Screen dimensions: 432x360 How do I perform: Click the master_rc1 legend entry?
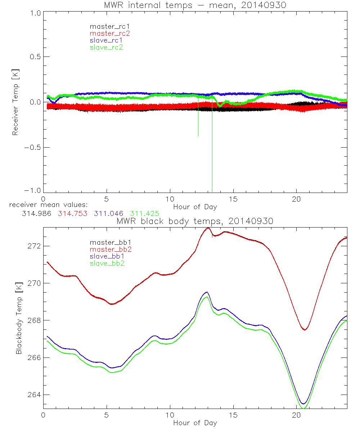click(x=106, y=26)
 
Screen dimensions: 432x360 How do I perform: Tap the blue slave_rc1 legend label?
click(x=106, y=40)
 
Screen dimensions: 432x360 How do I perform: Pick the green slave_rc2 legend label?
click(x=106, y=47)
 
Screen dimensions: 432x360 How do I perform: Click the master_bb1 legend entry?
click(x=106, y=242)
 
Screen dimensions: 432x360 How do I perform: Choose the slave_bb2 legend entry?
click(x=106, y=263)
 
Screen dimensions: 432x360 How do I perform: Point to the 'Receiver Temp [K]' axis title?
click(x=15, y=103)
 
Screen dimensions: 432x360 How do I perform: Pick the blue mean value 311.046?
click(x=108, y=213)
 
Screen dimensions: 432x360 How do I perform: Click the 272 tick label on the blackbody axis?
click(x=35, y=246)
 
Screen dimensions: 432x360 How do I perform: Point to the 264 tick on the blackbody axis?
click(x=35, y=395)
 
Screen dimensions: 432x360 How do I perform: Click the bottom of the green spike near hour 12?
click(x=198, y=136)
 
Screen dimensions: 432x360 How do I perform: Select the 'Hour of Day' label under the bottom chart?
click(x=195, y=423)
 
